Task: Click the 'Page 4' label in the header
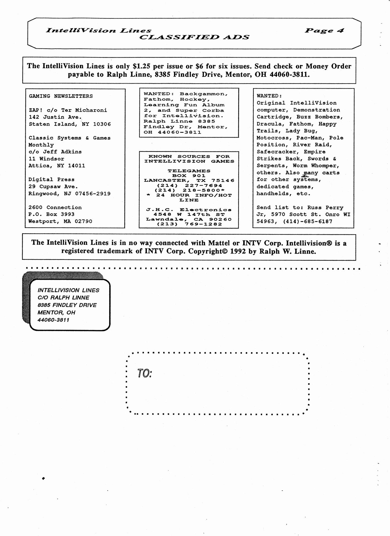(324, 30)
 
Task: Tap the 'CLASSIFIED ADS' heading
(194, 37)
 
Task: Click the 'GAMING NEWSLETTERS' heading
(61, 96)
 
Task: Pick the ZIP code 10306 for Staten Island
(102, 124)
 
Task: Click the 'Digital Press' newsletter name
(51, 180)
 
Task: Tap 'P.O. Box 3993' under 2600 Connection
(51, 214)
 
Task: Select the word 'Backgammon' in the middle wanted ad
(204, 94)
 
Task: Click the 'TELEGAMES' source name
(189, 171)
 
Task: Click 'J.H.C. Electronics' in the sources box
(189, 210)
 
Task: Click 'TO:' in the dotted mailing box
(145, 373)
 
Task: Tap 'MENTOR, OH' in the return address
(56, 312)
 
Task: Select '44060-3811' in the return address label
(53, 320)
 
